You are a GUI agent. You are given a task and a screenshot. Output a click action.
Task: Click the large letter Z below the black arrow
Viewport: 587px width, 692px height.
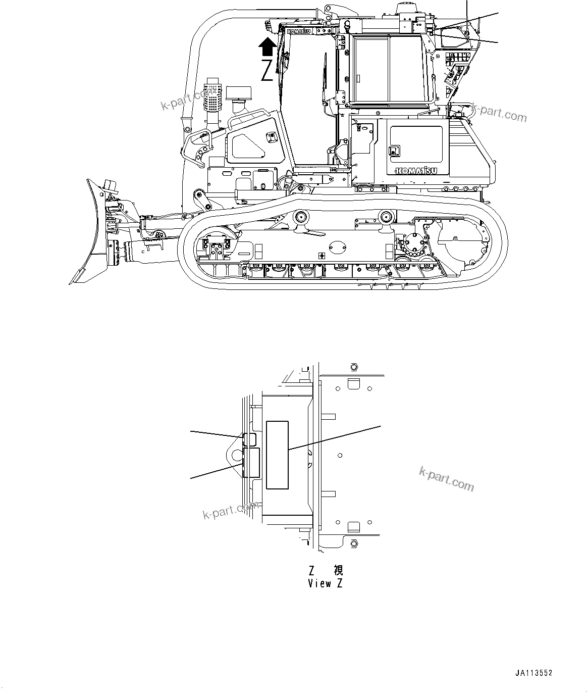268,71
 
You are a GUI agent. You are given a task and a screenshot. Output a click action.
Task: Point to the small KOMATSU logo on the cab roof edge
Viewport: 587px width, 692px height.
299,31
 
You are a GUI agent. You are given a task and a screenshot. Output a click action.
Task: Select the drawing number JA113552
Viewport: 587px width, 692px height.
534,673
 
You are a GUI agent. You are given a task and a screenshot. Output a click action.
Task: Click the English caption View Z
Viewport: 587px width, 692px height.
326,583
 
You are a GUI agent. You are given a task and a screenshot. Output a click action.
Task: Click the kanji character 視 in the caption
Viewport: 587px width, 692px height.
339,570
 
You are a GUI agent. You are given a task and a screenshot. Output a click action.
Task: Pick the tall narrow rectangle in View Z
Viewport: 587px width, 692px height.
277,455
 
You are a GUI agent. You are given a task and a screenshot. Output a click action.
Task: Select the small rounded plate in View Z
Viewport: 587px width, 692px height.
249,439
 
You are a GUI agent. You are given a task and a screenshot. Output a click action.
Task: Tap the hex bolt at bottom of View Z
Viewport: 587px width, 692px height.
353,544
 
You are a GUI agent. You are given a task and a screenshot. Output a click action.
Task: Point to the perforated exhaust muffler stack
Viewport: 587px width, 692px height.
212,98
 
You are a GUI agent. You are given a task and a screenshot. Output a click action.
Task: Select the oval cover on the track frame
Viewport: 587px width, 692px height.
336,247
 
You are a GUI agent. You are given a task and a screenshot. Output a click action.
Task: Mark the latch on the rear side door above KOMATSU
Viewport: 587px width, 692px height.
393,151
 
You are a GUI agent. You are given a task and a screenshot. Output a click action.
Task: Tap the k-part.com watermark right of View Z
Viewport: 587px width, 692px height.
447,478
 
